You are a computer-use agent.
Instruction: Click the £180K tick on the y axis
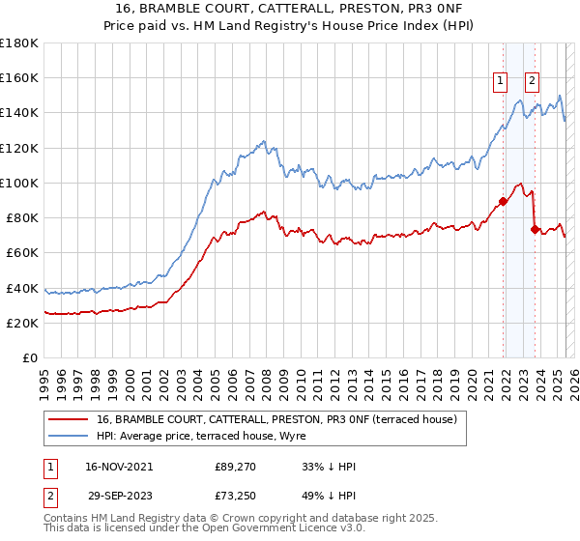[x=19, y=43]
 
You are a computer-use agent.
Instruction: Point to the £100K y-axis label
[x=19, y=183]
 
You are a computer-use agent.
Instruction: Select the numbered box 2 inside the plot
[x=533, y=81]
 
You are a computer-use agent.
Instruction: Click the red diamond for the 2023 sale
[x=535, y=230]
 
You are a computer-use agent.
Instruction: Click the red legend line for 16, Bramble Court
[x=70, y=419]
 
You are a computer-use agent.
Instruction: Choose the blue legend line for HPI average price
[x=70, y=436]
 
